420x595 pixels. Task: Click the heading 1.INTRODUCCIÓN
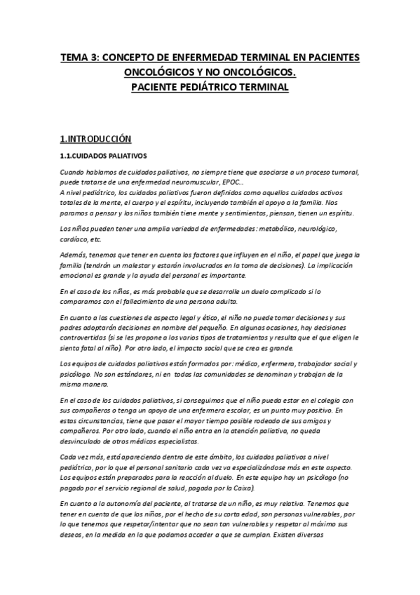coord(94,139)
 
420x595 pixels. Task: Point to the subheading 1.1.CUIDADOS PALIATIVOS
coord(102,156)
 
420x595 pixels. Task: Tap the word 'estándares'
coord(144,375)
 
